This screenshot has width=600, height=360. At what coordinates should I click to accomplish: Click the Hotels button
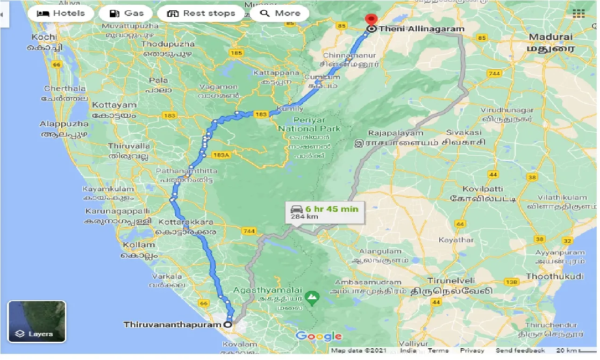coord(61,13)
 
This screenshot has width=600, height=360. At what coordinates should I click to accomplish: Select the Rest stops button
coord(201,13)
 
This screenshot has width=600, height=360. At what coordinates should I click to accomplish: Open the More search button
coord(280,13)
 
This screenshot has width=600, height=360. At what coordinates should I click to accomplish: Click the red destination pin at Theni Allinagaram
coord(371,20)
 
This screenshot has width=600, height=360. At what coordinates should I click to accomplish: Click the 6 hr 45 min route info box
coord(324,211)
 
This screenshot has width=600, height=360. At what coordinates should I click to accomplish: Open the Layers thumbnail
coord(37,322)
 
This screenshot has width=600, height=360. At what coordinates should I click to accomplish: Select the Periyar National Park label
coord(309,124)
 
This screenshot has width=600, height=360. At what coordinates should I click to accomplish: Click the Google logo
coord(319,336)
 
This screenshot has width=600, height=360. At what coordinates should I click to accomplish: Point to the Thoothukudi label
coord(555,276)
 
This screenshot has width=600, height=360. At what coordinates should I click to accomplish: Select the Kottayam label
coord(114,104)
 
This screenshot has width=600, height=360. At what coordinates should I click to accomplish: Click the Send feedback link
coord(520,350)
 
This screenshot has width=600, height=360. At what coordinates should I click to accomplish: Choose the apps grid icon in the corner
coord(579,13)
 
